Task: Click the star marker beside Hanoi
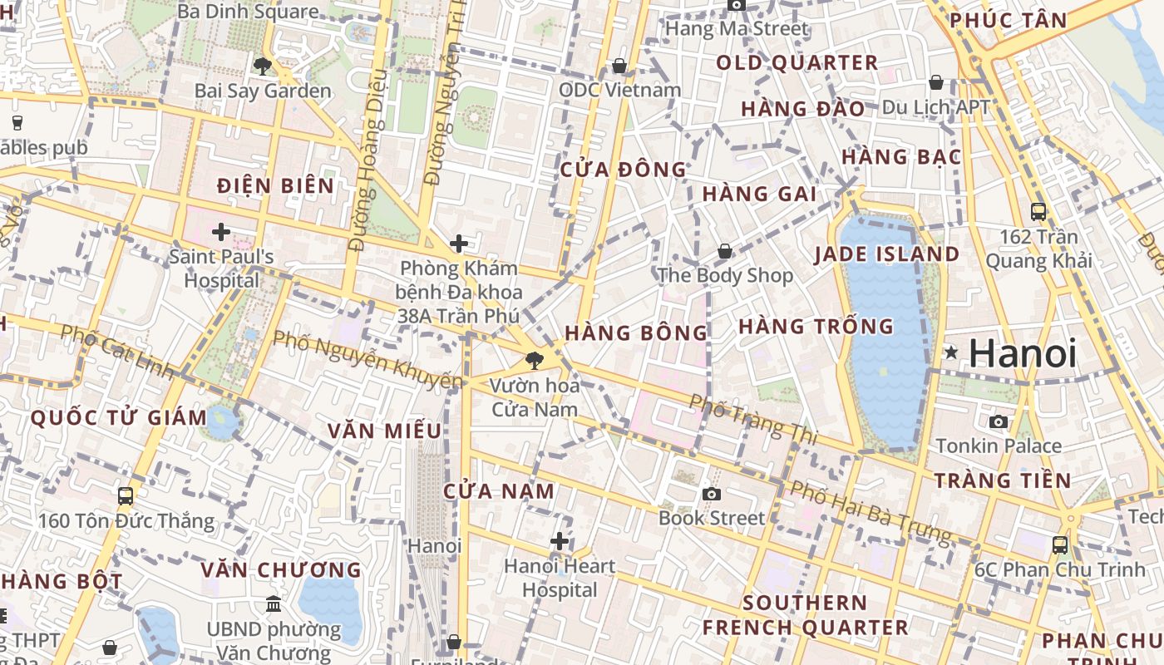point(951,353)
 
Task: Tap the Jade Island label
point(887,254)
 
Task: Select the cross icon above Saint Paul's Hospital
point(221,231)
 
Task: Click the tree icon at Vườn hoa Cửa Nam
point(534,361)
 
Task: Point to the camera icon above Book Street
point(711,494)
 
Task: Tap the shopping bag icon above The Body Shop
point(725,250)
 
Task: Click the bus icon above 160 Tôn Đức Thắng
point(126,496)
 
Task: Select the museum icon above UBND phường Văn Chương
point(274,604)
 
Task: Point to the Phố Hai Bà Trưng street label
point(870,511)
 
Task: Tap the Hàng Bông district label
point(636,333)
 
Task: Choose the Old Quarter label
point(797,63)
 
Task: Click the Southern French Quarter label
point(805,615)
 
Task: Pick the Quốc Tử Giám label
point(119,418)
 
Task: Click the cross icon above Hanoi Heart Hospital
point(560,541)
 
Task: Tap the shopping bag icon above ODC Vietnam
point(619,65)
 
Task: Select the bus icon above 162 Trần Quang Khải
point(1038,211)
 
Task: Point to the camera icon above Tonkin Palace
point(999,421)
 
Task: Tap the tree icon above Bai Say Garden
point(263,66)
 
